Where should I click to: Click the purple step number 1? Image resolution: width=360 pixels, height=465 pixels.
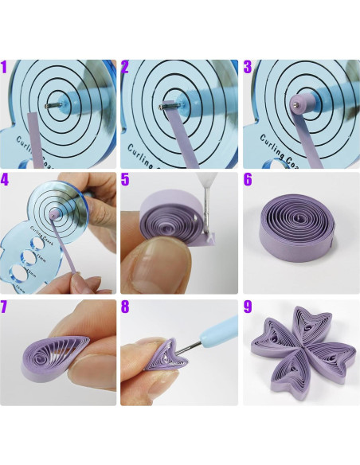[x=6, y=68]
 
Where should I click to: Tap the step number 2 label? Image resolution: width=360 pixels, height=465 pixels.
[x=127, y=68]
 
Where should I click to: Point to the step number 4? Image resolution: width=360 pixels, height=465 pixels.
[x=7, y=181]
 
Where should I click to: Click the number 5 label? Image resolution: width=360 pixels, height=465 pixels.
[x=127, y=181]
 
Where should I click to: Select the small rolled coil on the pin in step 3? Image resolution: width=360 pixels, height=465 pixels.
[x=296, y=103]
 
